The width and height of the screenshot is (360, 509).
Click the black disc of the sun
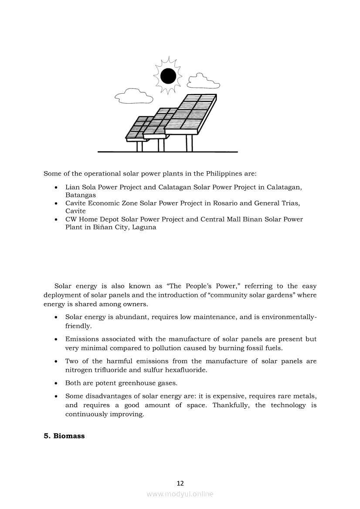(168, 76)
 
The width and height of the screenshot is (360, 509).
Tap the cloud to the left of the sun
(133, 96)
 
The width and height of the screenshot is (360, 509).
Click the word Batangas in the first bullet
(81, 195)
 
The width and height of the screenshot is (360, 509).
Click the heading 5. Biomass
(64, 436)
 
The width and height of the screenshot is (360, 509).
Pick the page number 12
(180, 483)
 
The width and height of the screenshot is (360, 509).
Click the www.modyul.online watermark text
(180, 494)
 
